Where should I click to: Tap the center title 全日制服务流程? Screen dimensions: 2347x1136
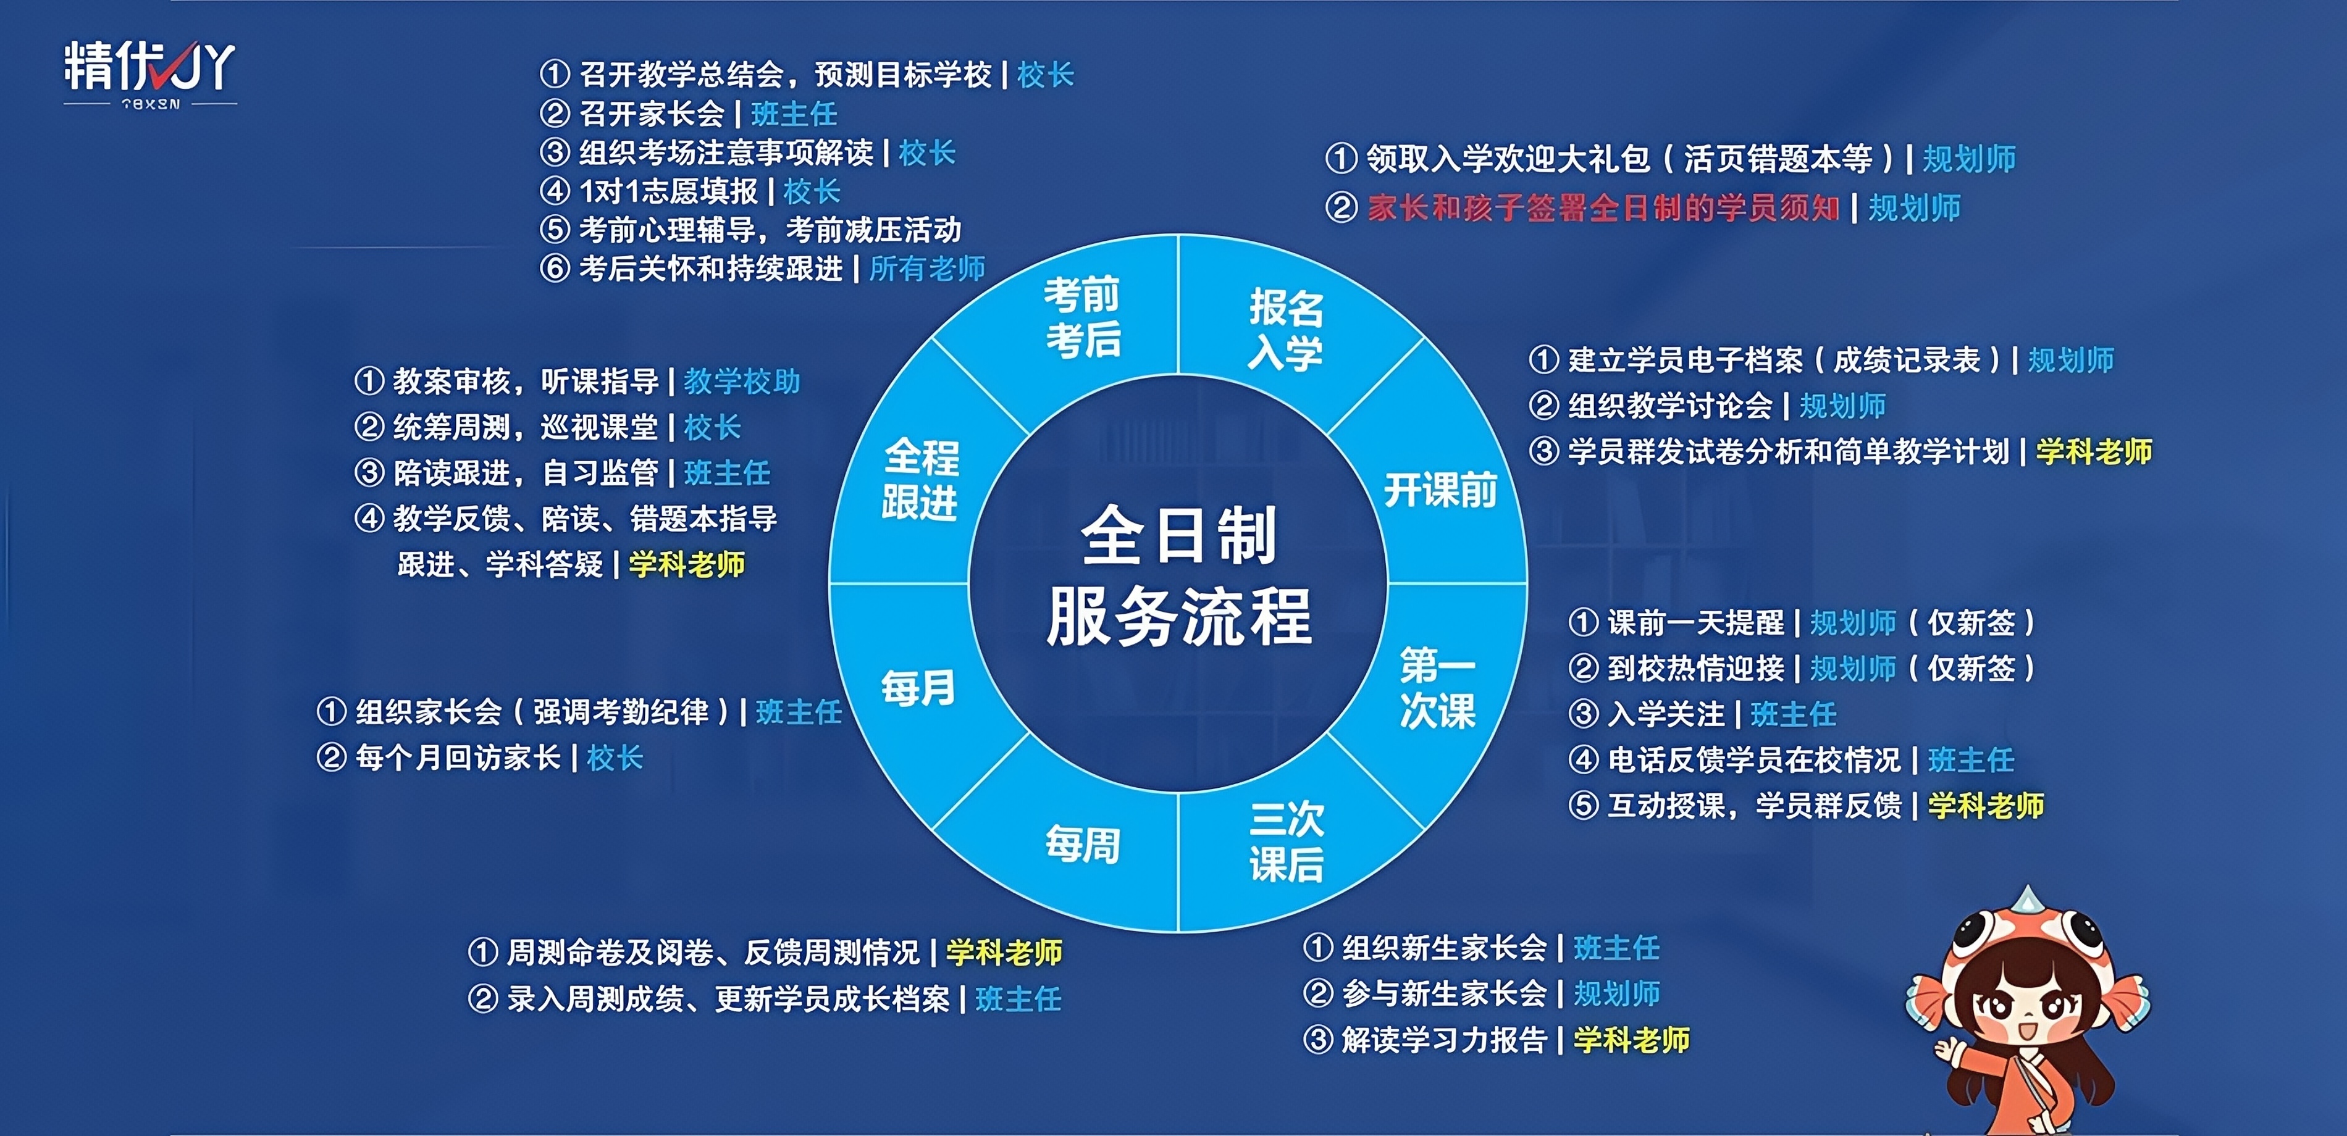point(1179,576)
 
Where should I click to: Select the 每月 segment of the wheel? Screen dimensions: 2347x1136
point(917,688)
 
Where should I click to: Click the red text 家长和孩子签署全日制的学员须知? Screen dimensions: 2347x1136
point(1603,207)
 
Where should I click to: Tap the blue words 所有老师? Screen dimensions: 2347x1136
point(928,268)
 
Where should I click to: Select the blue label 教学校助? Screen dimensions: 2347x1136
point(742,381)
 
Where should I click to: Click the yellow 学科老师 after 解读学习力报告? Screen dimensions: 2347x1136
point(1632,1040)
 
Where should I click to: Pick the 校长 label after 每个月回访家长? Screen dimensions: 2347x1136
point(615,757)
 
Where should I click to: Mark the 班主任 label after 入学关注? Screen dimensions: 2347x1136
point(1793,714)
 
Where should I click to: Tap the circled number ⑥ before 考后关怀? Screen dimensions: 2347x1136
point(555,268)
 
